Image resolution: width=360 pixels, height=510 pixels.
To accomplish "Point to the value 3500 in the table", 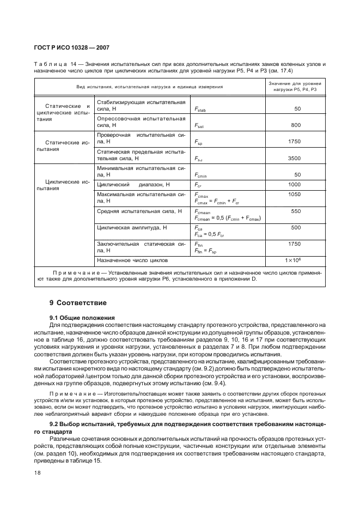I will [x=294, y=158].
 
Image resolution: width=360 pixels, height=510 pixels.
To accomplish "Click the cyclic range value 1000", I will [x=294, y=185].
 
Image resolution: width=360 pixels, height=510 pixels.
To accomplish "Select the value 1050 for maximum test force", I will [x=294, y=194].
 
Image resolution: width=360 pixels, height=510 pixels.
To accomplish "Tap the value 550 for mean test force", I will [x=295, y=211].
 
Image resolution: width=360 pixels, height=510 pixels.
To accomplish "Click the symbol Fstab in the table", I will [x=199, y=110].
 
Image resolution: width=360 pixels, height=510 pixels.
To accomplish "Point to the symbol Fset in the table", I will [x=199, y=125].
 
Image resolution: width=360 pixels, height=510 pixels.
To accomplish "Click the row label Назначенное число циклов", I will [x=132, y=260].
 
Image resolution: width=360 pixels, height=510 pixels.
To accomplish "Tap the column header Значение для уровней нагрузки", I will [x=295, y=86].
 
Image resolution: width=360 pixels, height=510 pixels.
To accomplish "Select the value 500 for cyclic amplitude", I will [x=295, y=227].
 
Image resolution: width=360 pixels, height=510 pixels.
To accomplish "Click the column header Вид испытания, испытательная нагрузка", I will [x=149, y=87].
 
